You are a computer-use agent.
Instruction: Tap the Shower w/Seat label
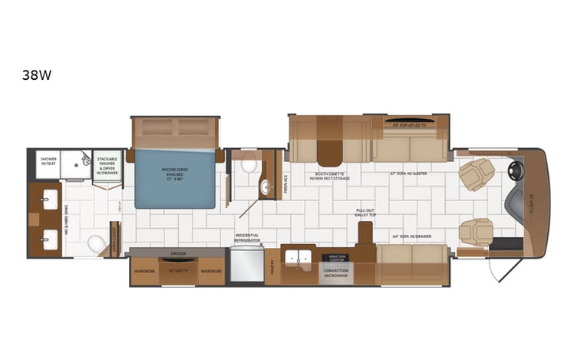(x=48, y=162)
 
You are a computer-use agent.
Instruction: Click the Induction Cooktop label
(x=338, y=258)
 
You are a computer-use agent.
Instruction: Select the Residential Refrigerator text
(x=247, y=237)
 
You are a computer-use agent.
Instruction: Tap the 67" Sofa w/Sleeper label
(x=408, y=173)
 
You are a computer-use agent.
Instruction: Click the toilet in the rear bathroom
(x=97, y=243)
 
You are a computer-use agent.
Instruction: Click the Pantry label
(x=274, y=266)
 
